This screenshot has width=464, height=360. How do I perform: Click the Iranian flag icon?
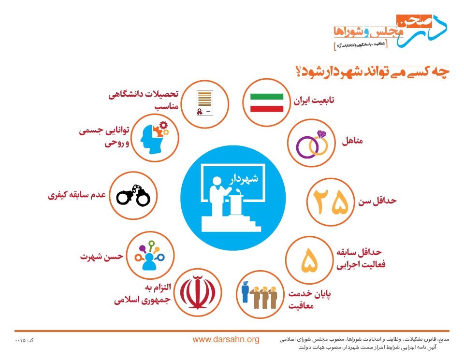(267, 102)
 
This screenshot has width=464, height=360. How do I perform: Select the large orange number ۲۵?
(331, 202)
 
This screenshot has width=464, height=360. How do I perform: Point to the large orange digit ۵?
(309, 260)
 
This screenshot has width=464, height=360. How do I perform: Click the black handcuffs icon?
(133, 195)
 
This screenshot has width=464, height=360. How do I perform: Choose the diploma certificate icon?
(205, 103)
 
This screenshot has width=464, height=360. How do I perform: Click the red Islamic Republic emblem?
(197, 292)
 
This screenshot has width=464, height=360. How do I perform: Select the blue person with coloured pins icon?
(150, 256)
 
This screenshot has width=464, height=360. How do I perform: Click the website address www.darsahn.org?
(226, 339)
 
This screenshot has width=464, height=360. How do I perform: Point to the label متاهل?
(352, 141)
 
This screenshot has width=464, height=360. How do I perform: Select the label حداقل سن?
(377, 201)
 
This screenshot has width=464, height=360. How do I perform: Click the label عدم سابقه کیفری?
(77, 195)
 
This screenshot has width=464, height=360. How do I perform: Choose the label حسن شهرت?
(101, 256)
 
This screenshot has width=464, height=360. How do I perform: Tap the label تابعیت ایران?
(314, 101)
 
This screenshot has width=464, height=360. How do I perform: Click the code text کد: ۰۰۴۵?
(24, 341)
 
